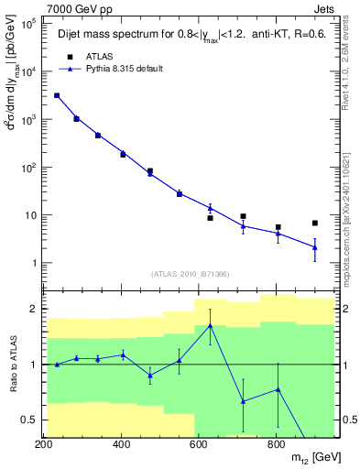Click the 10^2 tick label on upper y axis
tap(29, 168)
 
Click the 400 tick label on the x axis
tap(121, 444)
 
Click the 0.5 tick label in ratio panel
tap(29, 420)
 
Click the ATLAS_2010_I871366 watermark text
tap(189, 275)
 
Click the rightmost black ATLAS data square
tap(315, 224)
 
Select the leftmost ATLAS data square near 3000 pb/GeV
tap(57, 95)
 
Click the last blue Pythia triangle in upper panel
tap(315, 247)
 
